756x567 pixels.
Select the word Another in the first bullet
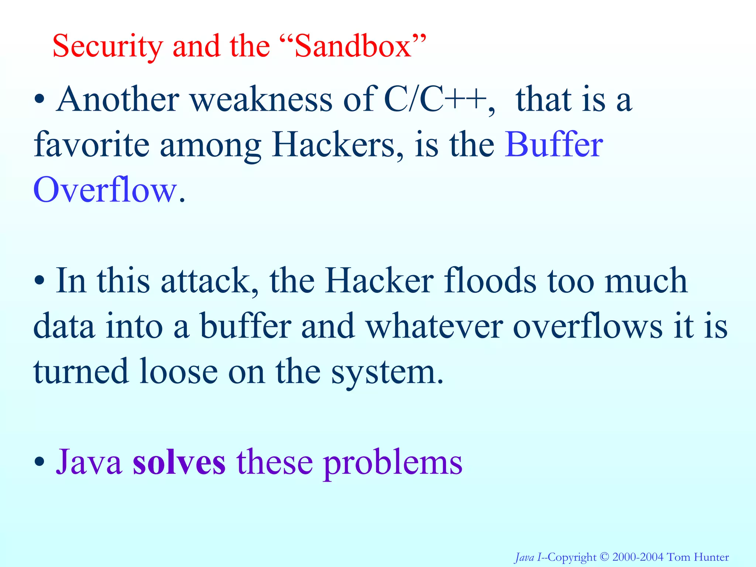point(118,99)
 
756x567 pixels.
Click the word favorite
point(92,145)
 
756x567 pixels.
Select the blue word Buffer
point(554,145)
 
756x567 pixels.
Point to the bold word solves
point(179,463)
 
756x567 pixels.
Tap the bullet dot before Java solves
point(39,462)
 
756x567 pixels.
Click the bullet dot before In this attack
point(39,281)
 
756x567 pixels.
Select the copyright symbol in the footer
point(604,557)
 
